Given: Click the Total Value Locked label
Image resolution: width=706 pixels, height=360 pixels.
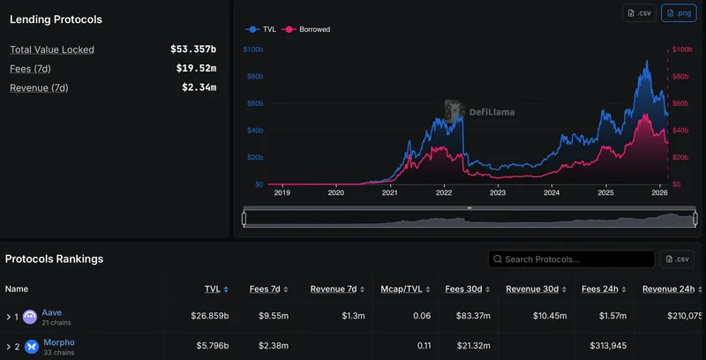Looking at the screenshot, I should tap(52, 49).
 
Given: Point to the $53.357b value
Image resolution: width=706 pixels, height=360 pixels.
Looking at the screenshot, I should tap(193, 49).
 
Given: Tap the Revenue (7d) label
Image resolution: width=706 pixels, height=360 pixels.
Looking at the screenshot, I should tap(39, 87).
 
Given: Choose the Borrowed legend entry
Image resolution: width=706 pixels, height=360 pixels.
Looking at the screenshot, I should tap(310, 29).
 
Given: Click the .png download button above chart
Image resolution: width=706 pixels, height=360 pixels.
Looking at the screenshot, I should tap(680, 13).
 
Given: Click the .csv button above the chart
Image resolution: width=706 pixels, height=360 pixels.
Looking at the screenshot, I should tap(640, 13).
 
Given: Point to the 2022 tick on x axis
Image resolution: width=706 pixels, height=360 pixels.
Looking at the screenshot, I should tap(443, 192).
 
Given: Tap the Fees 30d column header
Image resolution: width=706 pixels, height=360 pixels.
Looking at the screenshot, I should tap(465, 289).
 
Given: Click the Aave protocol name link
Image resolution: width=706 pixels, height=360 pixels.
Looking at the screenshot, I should tap(52, 312).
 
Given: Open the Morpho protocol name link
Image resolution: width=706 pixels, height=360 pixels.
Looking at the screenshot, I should tap(58, 342).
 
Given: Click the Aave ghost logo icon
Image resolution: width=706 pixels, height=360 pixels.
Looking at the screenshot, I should tap(30, 317).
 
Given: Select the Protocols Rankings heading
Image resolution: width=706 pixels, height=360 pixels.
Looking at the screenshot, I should tap(54, 259).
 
